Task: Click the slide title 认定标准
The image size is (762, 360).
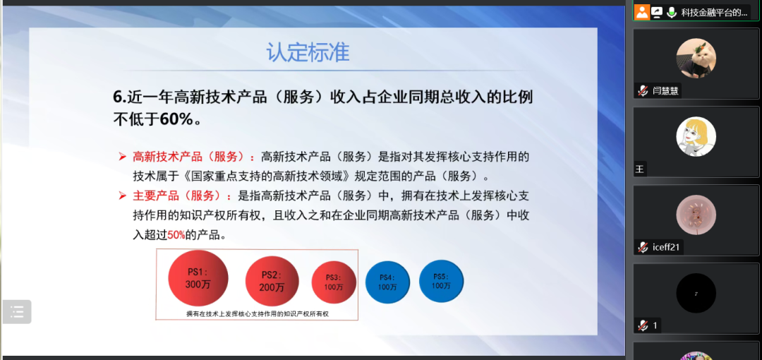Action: coord(308,52)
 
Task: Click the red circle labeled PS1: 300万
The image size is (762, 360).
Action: coord(198,278)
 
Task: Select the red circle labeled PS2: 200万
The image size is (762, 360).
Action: coord(272,281)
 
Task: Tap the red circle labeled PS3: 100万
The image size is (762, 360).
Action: coord(334,282)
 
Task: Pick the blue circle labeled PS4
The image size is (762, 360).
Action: coord(387,282)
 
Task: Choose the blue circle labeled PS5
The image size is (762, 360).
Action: coord(441,281)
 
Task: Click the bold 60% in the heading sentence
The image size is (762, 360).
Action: coord(177,119)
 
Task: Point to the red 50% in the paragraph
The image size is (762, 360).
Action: coord(176,236)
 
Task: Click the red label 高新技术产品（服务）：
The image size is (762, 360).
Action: coord(194,157)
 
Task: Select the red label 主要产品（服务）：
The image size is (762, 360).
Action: coord(182,196)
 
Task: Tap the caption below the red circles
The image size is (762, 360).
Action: coord(258,314)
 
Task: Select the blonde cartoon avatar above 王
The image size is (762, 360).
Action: coord(696,137)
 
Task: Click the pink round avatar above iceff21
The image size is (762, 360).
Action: coord(696,215)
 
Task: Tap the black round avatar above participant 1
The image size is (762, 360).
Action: coord(696,294)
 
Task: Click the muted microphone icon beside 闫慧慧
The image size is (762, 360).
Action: coord(643,90)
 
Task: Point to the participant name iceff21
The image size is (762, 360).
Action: coord(666,247)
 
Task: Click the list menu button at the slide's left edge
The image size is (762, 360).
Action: coord(17,312)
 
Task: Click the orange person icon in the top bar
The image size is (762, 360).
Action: coord(643,12)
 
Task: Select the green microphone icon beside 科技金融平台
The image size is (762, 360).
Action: coord(672,12)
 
